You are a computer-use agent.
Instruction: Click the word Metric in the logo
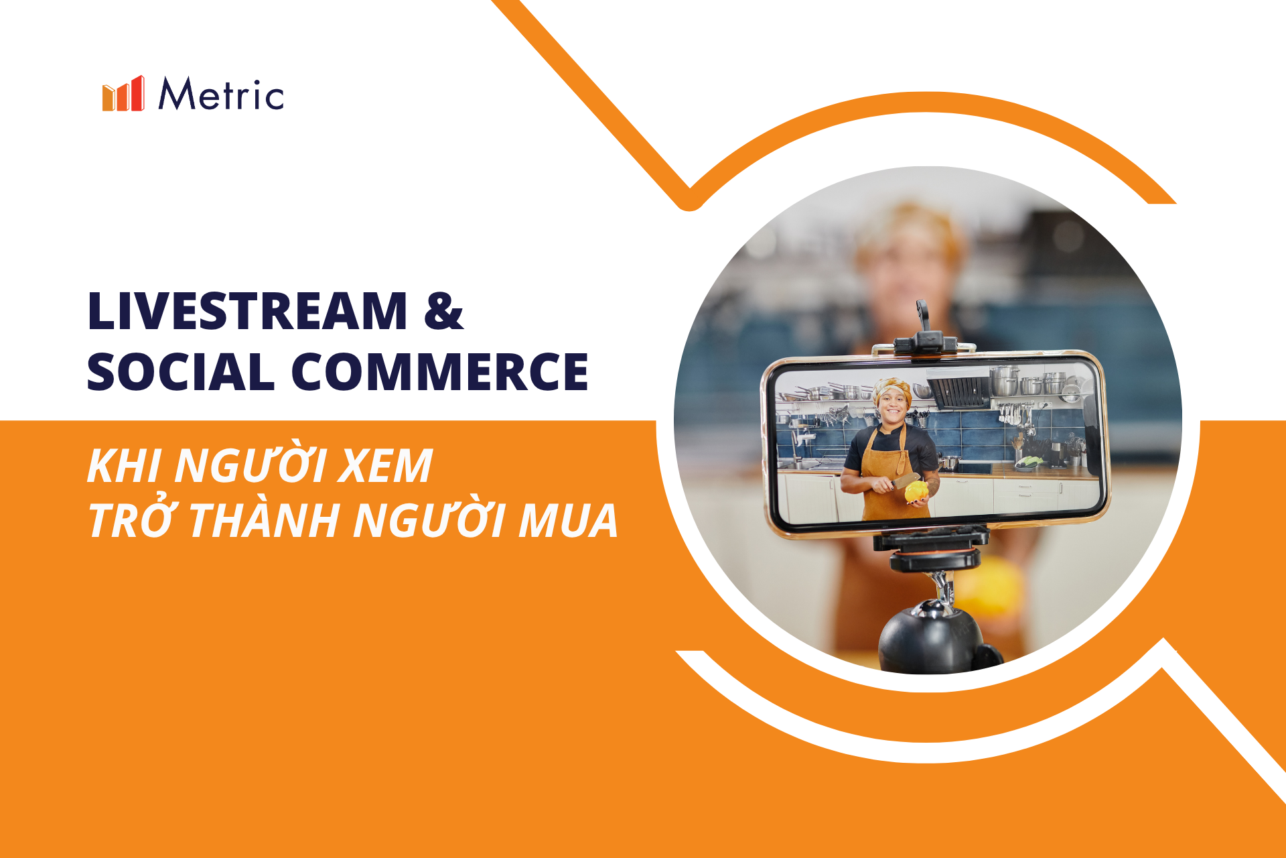tap(221, 94)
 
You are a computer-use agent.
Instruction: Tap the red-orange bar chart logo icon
tap(123, 93)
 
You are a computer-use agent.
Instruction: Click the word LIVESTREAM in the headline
tap(247, 311)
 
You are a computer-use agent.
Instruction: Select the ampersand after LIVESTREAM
tap(443, 311)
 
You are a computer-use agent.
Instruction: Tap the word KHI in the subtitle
tap(125, 466)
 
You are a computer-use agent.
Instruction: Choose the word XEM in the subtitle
tap(385, 466)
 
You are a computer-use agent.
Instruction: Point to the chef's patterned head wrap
tap(892, 390)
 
